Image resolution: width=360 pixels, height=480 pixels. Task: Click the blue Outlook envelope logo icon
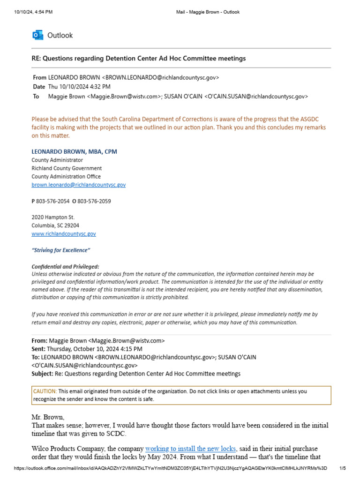point(37,35)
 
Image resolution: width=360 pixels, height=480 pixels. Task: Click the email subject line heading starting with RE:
point(138,58)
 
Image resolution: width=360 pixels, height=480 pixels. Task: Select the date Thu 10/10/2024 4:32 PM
point(79,87)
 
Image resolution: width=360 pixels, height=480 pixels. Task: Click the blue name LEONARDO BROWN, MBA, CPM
point(74,151)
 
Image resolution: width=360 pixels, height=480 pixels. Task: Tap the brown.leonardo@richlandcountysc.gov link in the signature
point(78,185)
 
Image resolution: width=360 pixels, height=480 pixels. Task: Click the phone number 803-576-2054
point(53,201)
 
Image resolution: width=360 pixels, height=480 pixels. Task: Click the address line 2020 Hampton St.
point(53,217)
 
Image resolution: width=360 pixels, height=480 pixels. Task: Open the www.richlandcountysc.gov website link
point(64,233)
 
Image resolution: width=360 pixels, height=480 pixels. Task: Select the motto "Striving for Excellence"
point(60,250)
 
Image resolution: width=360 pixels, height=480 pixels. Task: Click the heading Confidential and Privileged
point(65,266)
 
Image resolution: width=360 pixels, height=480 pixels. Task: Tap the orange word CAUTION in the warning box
point(45,391)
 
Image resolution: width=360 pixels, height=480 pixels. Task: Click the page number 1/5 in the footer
point(342,468)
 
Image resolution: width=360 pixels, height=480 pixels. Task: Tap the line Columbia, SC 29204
point(55,225)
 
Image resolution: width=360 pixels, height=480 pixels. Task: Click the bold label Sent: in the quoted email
point(38,349)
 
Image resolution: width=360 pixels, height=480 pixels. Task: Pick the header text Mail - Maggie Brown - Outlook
point(206,12)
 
